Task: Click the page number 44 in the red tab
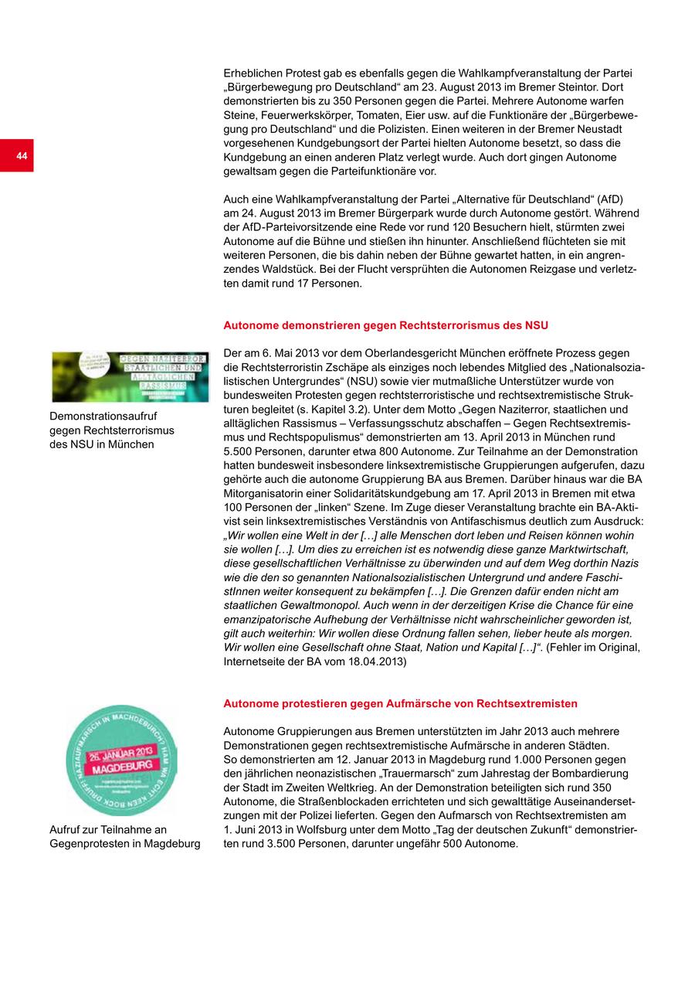click(21, 156)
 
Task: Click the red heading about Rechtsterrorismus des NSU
click(385, 325)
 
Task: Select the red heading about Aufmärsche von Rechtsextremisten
click(400, 703)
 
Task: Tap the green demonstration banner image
click(130, 376)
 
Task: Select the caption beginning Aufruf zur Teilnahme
click(124, 836)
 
